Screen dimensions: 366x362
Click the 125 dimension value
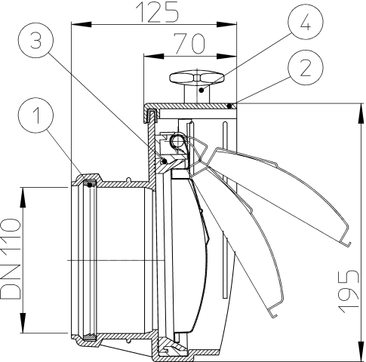(157, 13)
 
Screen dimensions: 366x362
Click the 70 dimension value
(190, 44)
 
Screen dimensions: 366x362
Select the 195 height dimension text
(348, 291)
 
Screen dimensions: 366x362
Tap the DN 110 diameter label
(10, 259)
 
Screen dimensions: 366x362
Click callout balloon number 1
(35, 115)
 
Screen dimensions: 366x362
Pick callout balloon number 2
(306, 67)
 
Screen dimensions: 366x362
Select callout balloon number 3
(35, 40)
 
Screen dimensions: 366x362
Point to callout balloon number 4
(306, 22)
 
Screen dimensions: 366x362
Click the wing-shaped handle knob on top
(197, 78)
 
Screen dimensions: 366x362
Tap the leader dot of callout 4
(201, 90)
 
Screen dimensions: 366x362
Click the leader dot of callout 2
(229, 106)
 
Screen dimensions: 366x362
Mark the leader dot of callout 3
(165, 161)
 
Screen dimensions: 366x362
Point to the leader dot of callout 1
(90, 185)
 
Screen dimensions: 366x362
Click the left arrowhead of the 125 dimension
(82, 24)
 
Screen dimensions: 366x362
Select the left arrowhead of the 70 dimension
(154, 56)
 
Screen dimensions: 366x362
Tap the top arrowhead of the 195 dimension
(361, 113)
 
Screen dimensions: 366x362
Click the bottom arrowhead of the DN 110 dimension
(23, 323)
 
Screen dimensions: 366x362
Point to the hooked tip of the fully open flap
(347, 244)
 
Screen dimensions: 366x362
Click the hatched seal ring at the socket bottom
(90, 336)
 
